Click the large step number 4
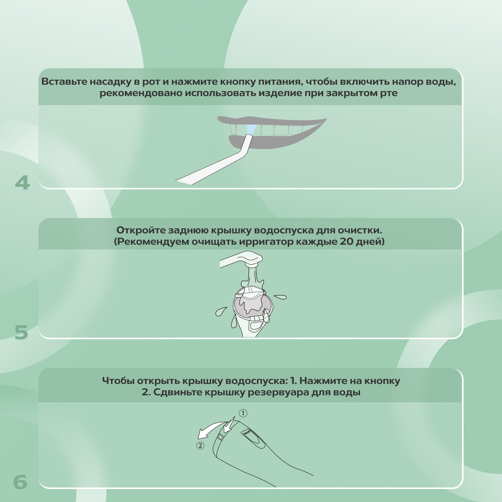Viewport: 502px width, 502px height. click(x=22, y=183)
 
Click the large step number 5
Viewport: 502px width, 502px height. click(x=21, y=333)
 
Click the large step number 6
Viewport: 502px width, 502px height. click(x=20, y=482)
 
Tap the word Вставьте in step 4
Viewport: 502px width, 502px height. click(x=64, y=82)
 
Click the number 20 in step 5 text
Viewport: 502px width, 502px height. click(x=346, y=242)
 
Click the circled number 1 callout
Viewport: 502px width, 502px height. click(x=243, y=413)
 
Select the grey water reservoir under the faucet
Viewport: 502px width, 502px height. click(x=252, y=304)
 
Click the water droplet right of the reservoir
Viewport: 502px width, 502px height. click(x=280, y=297)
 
